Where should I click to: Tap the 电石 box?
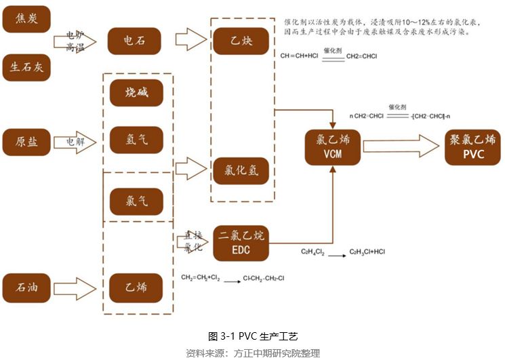click(x=134, y=41)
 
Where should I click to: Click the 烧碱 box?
click(x=136, y=92)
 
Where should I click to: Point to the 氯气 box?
click(x=136, y=201)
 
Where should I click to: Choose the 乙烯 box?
click(x=136, y=287)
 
